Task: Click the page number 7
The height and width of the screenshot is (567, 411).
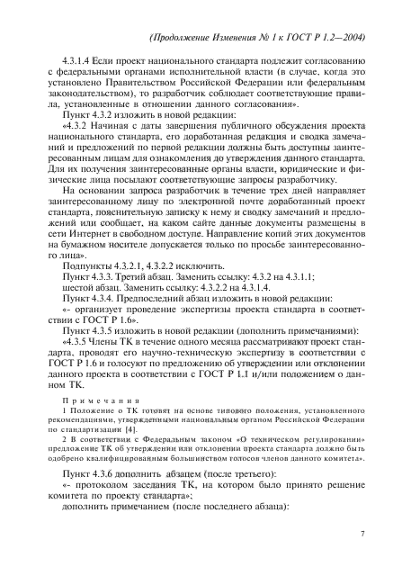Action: [x=360, y=534]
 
